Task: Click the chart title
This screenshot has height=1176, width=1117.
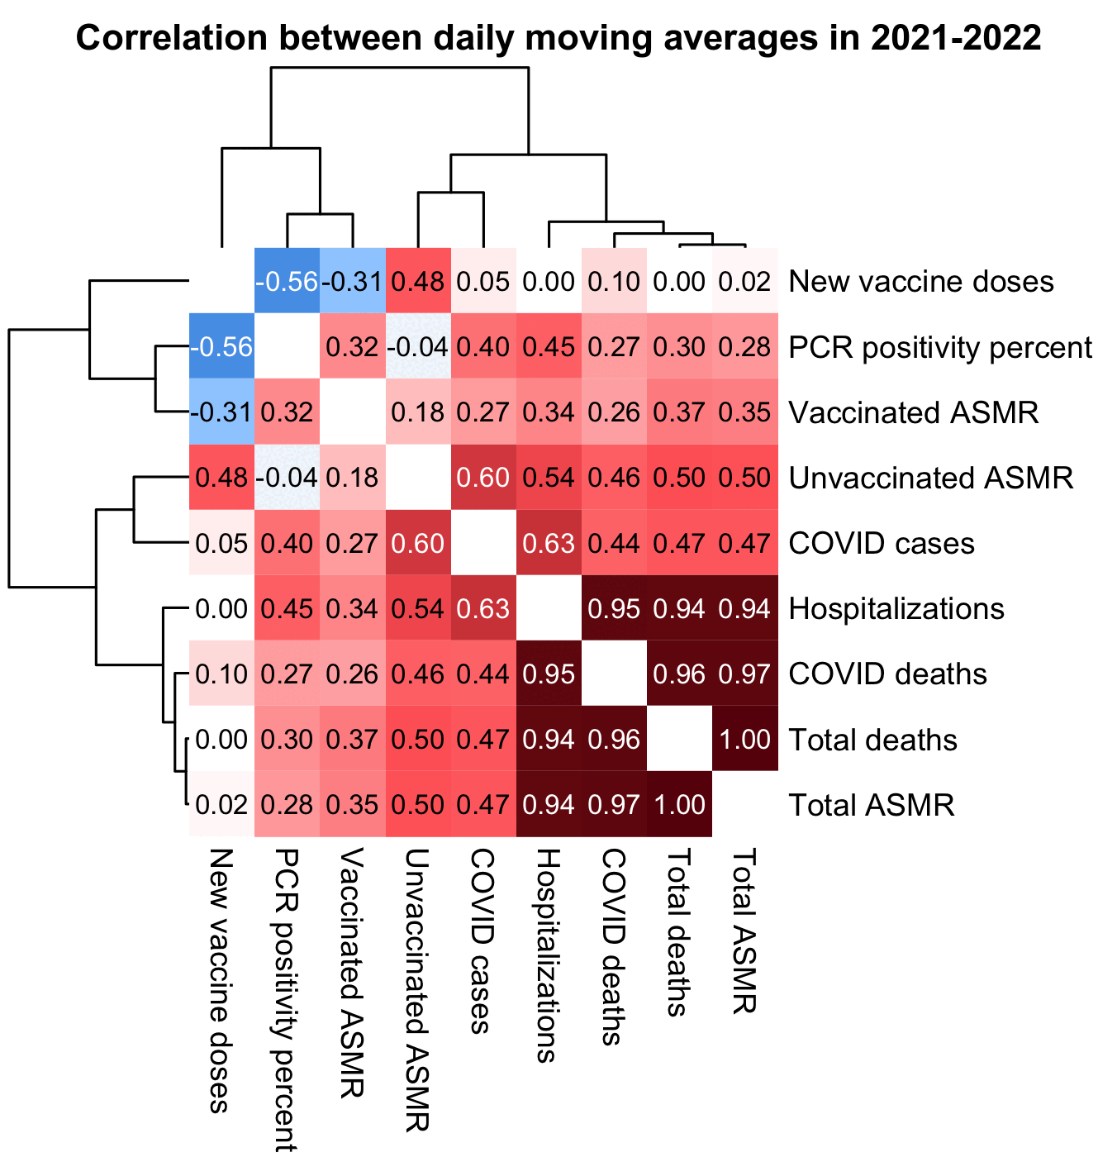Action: coord(558,39)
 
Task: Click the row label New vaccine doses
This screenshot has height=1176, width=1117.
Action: coord(921,282)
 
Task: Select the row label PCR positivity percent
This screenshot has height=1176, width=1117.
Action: coord(940,347)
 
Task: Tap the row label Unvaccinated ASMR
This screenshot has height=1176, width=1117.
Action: coord(931,478)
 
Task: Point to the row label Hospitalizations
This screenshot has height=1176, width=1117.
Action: coord(896,609)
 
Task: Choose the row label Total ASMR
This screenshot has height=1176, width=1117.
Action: coord(872,805)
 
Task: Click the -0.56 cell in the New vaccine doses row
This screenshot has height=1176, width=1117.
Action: coord(287,282)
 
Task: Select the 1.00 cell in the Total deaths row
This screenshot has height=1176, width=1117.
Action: coord(745,740)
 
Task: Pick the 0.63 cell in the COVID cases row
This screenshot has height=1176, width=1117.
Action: coord(549,544)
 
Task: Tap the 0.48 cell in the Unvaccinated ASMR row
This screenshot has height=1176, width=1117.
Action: coord(222,478)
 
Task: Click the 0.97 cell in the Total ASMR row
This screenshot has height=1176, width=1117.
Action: coord(615,805)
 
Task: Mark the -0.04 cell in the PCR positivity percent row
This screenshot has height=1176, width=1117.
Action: coord(418,347)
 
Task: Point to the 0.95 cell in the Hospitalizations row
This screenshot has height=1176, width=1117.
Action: coord(615,609)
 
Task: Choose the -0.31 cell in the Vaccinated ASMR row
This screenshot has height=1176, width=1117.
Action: coord(222,412)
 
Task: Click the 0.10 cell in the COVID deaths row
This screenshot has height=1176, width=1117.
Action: coord(222,674)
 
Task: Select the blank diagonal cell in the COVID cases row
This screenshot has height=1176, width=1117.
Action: coord(484,544)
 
